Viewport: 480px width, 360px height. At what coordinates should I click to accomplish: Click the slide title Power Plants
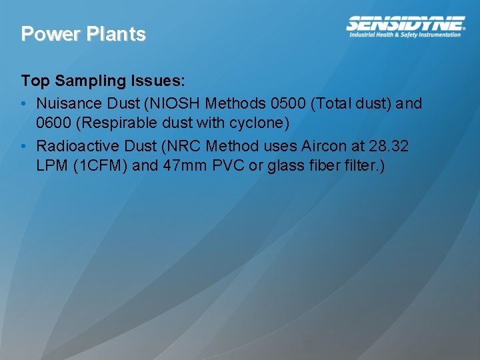[83, 34]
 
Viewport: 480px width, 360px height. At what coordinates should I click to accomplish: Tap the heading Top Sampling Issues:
[103, 81]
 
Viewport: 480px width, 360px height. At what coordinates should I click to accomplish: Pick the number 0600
[55, 124]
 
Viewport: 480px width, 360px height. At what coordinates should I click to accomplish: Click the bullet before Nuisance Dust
[24, 104]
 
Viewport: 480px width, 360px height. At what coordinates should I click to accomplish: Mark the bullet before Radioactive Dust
[24, 146]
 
